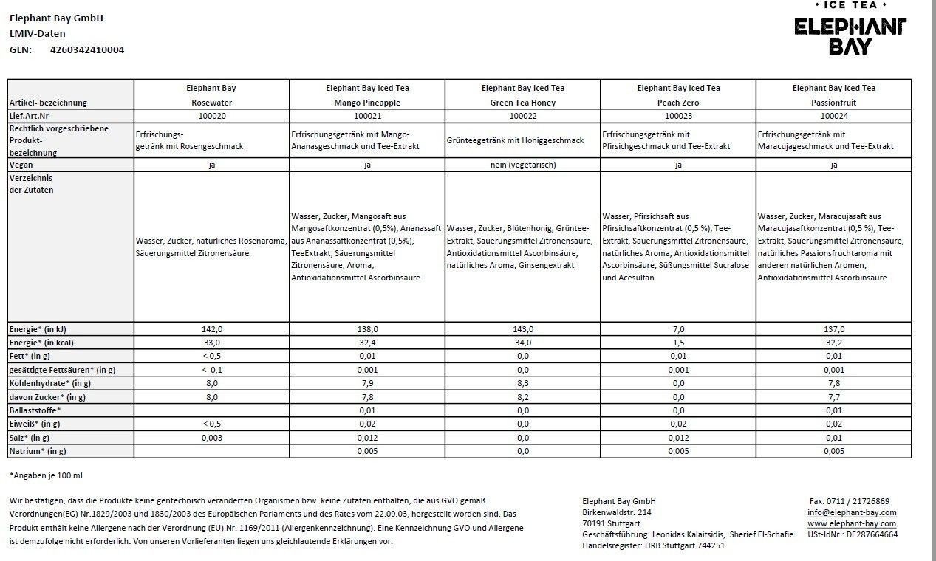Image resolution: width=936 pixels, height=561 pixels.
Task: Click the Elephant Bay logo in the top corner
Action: point(850,30)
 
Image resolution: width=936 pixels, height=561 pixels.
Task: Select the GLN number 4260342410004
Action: point(87,50)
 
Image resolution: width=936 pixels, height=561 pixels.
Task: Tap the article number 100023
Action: point(678,116)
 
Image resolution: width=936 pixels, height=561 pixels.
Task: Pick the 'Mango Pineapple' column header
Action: point(367,103)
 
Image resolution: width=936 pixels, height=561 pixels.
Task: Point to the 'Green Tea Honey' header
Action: point(522,103)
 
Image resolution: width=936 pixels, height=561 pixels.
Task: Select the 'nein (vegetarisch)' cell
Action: point(522,165)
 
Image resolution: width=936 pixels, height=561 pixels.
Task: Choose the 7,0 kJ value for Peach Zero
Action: point(678,329)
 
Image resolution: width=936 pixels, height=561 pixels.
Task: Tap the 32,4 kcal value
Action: point(367,343)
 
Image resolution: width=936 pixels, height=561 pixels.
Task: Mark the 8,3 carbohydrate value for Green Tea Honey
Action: point(522,383)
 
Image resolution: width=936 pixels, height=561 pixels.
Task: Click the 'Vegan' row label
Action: point(21,165)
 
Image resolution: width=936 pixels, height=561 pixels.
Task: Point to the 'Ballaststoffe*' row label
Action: point(35,410)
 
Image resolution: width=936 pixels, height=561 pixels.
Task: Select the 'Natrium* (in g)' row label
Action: point(38,450)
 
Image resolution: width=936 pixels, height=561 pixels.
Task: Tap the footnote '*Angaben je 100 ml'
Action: point(46,476)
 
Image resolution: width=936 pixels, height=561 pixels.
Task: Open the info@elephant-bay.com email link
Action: point(852,512)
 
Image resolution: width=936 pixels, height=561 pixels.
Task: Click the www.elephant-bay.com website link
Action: point(852,523)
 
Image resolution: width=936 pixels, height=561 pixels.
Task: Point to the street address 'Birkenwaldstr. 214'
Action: point(617,512)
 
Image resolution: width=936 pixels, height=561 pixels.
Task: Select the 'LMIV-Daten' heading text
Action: point(38,34)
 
